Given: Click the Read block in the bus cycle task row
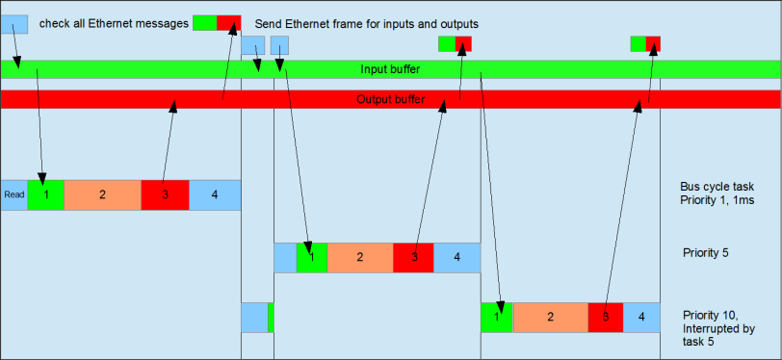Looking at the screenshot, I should click(x=13, y=194).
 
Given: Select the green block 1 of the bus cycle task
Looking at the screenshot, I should click(x=45, y=194).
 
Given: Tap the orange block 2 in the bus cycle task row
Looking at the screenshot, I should click(x=102, y=194).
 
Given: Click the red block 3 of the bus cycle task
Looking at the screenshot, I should click(x=165, y=194).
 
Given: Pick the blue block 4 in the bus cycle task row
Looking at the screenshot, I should click(x=214, y=194).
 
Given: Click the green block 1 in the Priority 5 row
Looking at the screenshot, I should click(x=311, y=257).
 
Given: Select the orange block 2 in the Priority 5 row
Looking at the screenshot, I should click(x=359, y=257).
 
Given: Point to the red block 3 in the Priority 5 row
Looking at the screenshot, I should click(x=413, y=257).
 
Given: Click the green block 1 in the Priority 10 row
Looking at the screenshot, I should click(x=496, y=317).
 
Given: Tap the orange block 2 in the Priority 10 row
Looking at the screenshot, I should click(x=550, y=317).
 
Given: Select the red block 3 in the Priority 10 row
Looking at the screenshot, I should click(x=606, y=317).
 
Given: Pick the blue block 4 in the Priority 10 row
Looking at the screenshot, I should click(x=640, y=317).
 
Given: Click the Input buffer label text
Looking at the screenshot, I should click(x=390, y=69).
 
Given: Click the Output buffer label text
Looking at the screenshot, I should click(x=390, y=99).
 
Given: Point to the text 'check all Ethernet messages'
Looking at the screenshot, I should click(x=113, y=22).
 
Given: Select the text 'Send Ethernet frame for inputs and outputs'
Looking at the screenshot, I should click(x=367, y=23).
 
